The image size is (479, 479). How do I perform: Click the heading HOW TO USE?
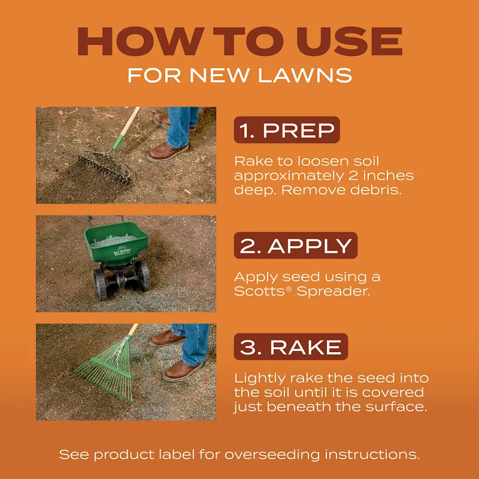[239, 41]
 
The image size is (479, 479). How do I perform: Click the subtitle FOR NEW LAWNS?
[239, 75]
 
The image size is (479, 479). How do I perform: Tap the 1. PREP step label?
[286, 130]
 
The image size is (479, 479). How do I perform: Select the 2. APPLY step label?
[295, 245]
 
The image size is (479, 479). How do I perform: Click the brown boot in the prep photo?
[168, 152]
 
